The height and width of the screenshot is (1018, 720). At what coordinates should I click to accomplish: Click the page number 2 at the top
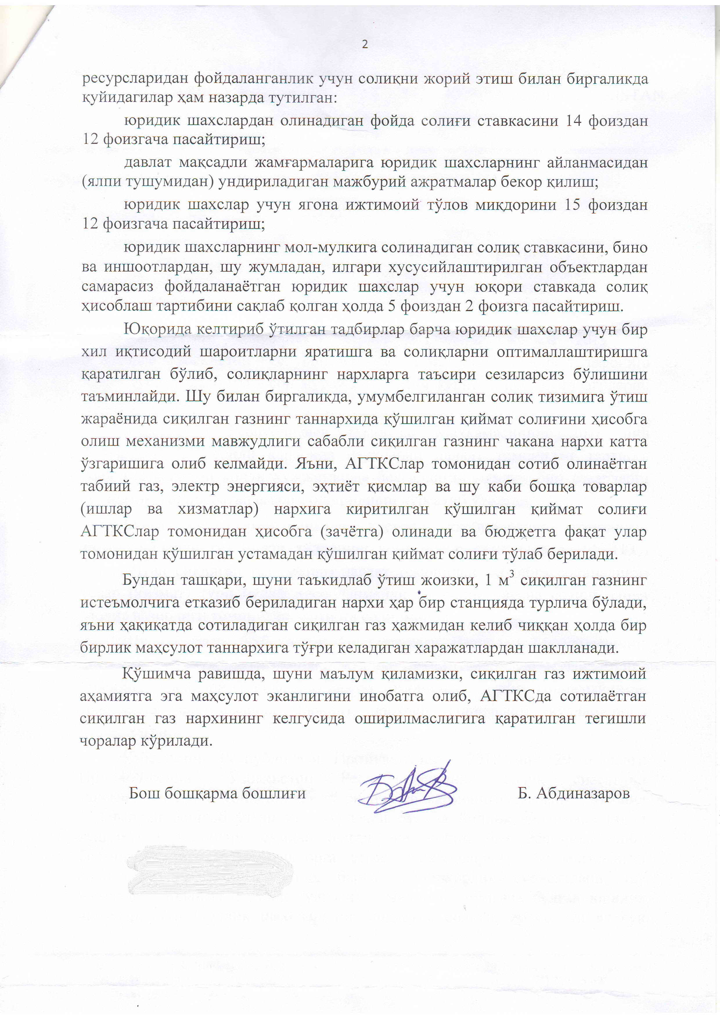click(x=365, y=44)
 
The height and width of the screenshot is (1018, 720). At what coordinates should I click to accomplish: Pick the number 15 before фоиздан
click(x=573, y=205)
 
